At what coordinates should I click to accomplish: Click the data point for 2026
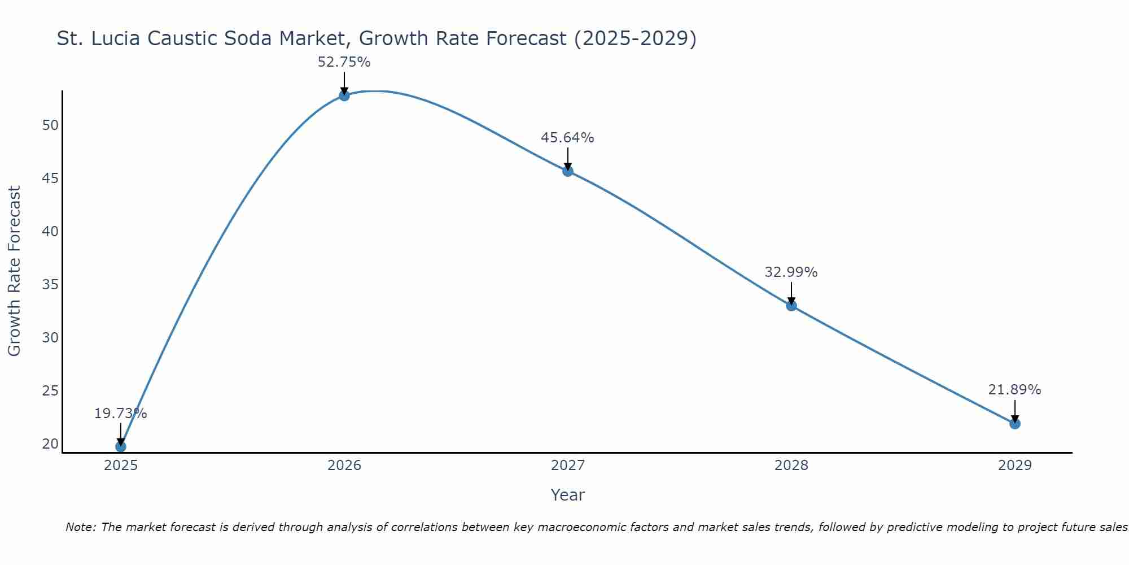tap(344, 95)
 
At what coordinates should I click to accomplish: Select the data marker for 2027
tap(568, 171)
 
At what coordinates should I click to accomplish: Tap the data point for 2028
tap(791, 306)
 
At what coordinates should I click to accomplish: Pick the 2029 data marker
tap(1015, 424)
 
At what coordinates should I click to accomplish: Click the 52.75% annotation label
tap(344, 62)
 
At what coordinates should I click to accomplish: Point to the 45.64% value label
tap(567, 138)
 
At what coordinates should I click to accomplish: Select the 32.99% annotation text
tap(791, 272)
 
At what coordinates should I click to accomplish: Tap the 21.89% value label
tap(1014, 390)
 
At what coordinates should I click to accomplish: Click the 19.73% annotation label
tap(120, 414)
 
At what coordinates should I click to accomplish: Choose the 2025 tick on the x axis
tap(121, 466)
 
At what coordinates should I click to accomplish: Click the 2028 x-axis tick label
tap(791, 466)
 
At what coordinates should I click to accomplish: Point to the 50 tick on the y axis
tap(50, 125)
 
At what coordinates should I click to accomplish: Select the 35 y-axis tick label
tap(50, 285)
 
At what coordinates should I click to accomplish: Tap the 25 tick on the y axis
tap(50, 391)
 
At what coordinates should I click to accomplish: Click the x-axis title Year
tap(567, 495)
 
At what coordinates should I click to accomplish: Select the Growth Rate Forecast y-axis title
tap(14, 271)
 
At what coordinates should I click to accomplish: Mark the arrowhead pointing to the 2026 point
tap(344, 90)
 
